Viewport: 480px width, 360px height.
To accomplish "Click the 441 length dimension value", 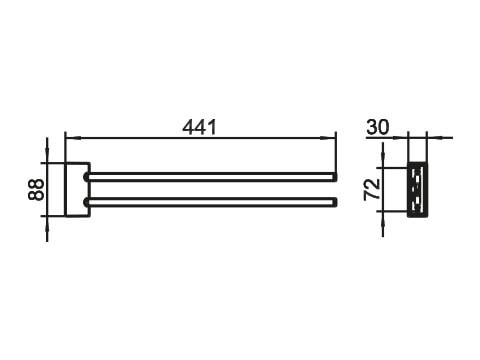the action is pyautogui.click(x=199, y=127).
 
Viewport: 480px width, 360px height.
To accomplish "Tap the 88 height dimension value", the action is pyautogui.click(x=36, y=190).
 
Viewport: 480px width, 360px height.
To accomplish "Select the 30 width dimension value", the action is pyautogui.click(x=378, y=127).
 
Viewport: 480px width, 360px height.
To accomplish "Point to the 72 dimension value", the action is pyautogui.click(x=372, y=189).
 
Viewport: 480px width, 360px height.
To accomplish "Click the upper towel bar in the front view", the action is pyautogui.click(x=211, y=177).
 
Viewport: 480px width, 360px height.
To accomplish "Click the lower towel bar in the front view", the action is pyautogui.click(x=211, y=202).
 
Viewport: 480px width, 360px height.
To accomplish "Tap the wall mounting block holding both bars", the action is pyautogui.click(x=78, y=190).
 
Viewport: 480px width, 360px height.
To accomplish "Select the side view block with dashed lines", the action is pyautogui.click(x=418, y=189).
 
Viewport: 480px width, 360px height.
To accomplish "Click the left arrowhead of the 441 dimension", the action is pyautogui.click(x=73, y=137).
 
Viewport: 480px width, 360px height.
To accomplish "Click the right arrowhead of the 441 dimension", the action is pyautogui.click(x=328, y=137).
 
